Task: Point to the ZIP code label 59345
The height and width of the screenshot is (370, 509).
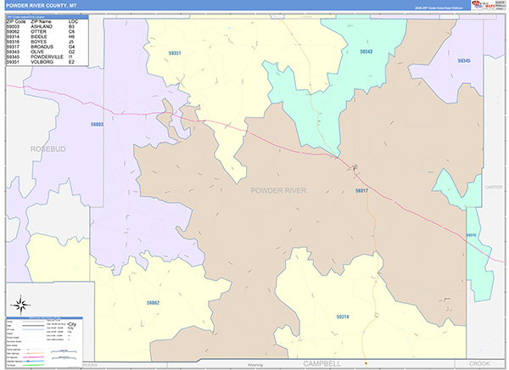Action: click(463, 61)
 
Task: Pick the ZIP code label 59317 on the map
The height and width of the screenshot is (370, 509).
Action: click(362, 191)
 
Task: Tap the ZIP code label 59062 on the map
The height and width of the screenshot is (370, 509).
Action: click(153, 302)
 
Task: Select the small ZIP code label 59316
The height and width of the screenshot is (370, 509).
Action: click(471, 235)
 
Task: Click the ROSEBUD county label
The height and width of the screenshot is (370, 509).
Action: click(48, 149)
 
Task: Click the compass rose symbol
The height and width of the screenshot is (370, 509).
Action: click(20, 304)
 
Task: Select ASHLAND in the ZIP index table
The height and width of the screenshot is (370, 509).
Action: click(42, 27)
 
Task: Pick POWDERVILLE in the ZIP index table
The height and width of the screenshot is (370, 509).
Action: click(48, 57)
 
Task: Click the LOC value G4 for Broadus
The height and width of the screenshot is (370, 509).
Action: click(72, 47)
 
